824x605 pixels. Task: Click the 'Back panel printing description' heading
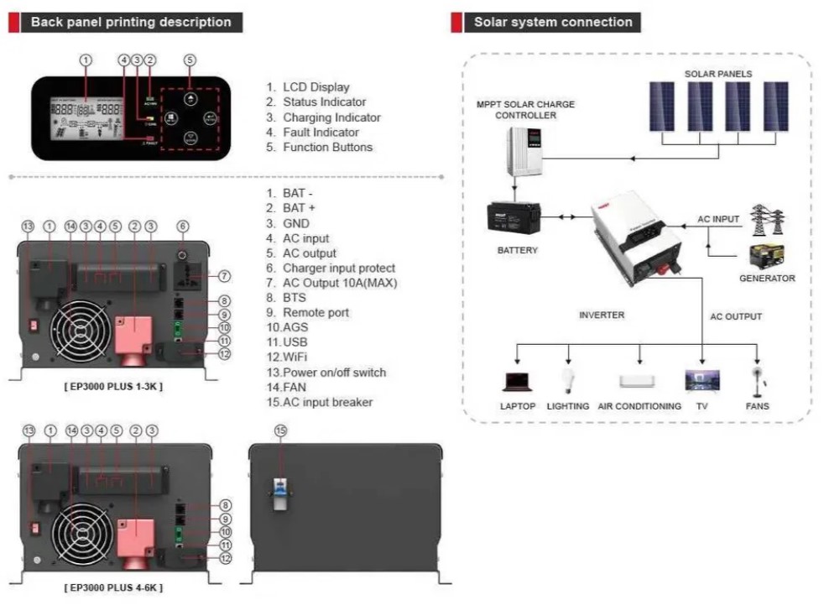(x=131, y=22)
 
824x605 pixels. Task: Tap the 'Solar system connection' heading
(x=553, y=22)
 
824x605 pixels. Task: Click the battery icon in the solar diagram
(x=513, y=219)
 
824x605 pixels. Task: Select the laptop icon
(x=518, y=382)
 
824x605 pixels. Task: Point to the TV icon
(x=701, y=380)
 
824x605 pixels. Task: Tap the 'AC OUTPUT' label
(x=736, y=316)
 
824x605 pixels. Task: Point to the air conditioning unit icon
(x=639, y=381)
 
